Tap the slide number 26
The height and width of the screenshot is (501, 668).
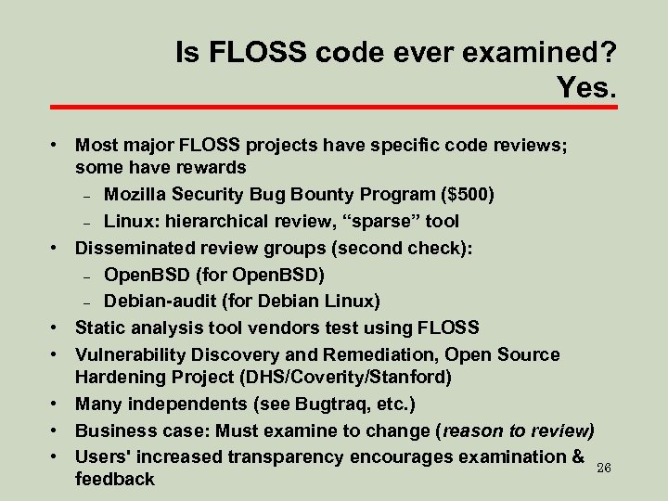pyautogui.click(x=603, y=467)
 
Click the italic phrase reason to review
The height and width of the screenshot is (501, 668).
pyautogui.click(x=516, y=430)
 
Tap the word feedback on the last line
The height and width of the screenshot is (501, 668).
pyautogui.click(x=114, y=480)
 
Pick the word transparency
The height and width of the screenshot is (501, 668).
pyautogui.click(x=279, y=456)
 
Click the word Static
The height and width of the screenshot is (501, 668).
pyautogui.click(x=100, y=328)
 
